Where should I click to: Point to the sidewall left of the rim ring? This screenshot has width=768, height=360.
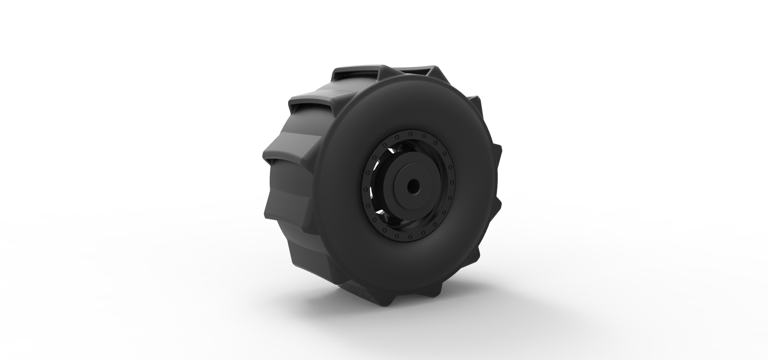[x=341, y=190]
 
